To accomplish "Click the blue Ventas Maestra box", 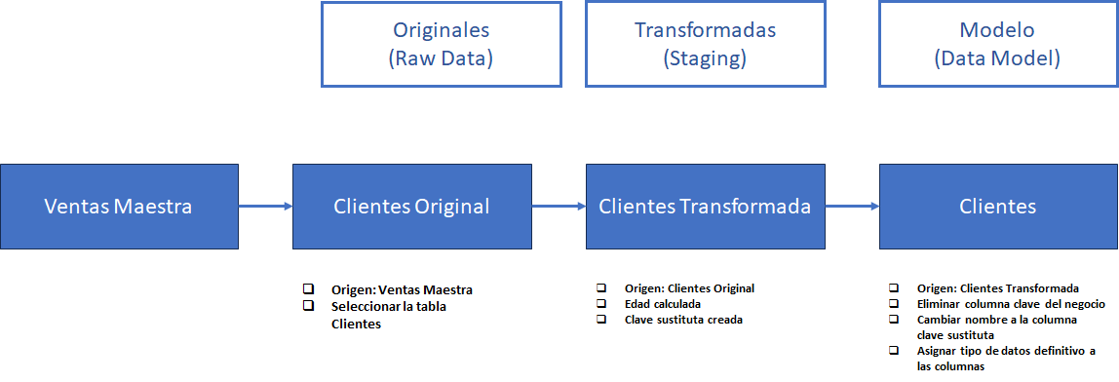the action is click(119, 206).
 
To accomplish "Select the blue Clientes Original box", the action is click(411, 206).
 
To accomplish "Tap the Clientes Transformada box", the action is click(704, 206).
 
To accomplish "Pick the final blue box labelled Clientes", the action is click(998, 206).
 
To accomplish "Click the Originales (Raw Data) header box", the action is click(441, 44).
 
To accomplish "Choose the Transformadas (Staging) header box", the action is click(705, 44).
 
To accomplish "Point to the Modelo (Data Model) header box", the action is click(998, 44).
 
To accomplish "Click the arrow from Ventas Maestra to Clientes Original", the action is click(265, 206).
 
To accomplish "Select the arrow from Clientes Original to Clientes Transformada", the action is click(558, 206).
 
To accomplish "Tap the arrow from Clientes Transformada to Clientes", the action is click(851, 206).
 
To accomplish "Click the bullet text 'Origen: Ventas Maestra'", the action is click(402, 289).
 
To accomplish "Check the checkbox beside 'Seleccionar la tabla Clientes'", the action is click(309, 306).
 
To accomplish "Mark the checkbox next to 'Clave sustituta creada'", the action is click(602, 319).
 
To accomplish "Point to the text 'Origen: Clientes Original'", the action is click(689, 287).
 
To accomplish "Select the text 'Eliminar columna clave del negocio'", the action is click(1011, 304).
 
